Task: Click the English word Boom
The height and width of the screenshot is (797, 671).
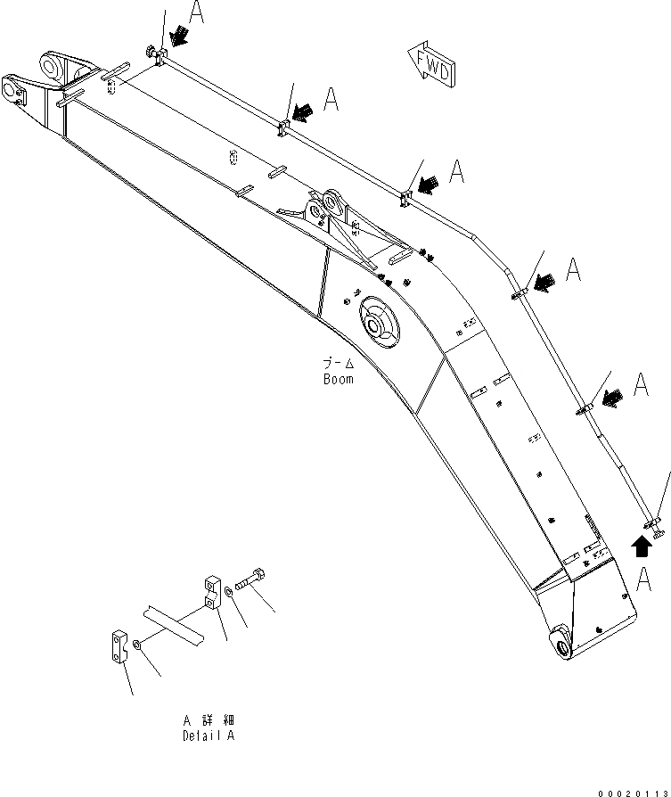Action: (339, 379)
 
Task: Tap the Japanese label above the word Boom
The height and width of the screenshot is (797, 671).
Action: (339, 364)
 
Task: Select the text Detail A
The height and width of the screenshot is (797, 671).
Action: (209, 736)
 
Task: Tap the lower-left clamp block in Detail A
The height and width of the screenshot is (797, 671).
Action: (121, 646)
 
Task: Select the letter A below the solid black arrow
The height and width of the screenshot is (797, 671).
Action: (648, 579)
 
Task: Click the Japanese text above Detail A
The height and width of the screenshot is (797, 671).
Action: (209, 719)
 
